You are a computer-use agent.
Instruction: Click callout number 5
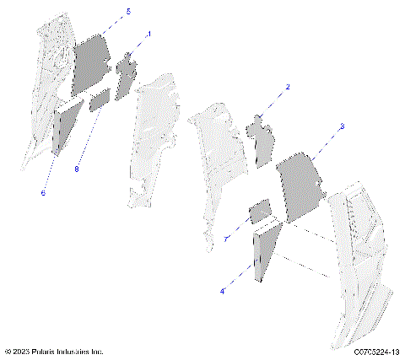(128, 11)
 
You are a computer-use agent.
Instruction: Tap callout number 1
(149, 34)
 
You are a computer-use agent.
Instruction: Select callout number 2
(288, 87)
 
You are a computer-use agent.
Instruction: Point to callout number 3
(342, 126)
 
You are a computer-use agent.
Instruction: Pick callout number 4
(223, 291)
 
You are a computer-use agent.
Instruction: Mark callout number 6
(43, 192)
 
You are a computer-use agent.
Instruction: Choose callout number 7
(226, 239)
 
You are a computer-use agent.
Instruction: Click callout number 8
(76, 169)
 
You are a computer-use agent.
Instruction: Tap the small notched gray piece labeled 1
(127, 76)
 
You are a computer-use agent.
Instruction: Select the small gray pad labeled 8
(100, 99)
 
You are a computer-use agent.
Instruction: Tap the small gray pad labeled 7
(259, 212)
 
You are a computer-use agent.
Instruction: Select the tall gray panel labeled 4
(267, 249)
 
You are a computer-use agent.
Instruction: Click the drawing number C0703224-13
(364, 352)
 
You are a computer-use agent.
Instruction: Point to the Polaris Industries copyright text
(54, 352)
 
